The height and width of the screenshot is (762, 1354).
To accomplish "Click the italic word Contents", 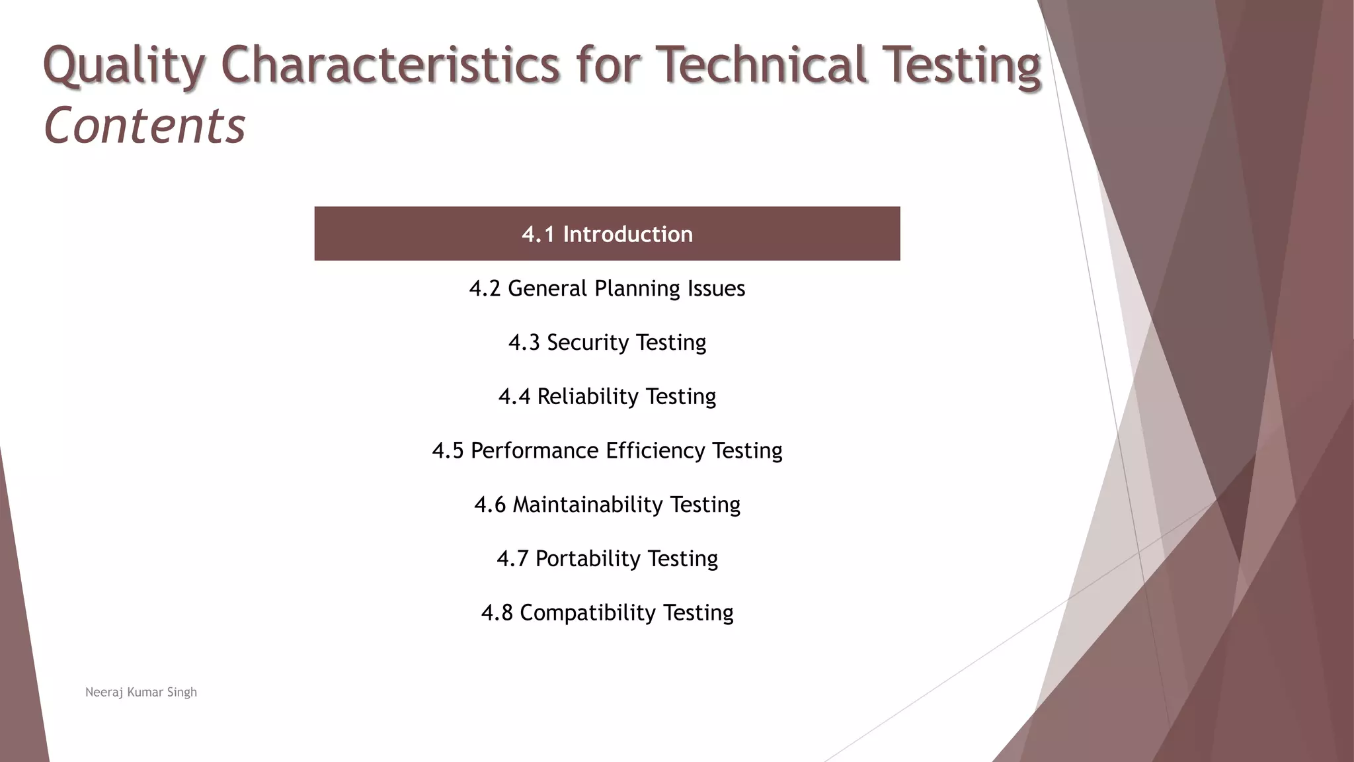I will click(x=144, y=126).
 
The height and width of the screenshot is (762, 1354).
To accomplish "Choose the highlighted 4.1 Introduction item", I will click(x=607, y=234).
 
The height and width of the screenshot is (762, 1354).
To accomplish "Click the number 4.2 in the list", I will click(x=485, y=288).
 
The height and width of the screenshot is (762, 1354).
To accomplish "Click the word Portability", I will click(x=587, y=558).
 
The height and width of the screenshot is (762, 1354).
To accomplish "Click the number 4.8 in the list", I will click(x=497, y=613).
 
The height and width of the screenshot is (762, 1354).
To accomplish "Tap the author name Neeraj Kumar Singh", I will click(x=141, y=692).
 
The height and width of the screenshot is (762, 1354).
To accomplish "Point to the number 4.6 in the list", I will click(x=489, y=505).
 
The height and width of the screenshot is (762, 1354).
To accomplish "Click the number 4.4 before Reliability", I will click(x=514, y=396).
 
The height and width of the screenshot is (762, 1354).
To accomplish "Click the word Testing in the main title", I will click(x=962, y=65).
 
